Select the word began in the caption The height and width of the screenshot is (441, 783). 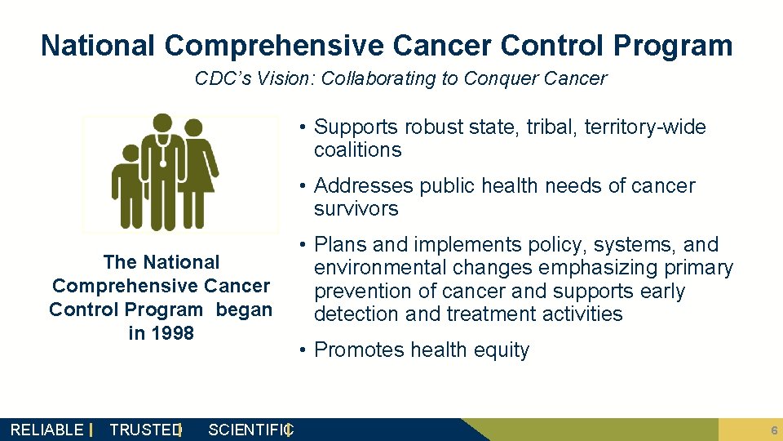coord(244,310)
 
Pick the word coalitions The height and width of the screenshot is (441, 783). coord(357,150)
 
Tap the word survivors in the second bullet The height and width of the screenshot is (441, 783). coord(356,209)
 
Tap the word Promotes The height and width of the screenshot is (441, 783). coord(358,350)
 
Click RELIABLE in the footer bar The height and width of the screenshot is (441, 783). coord(46,430)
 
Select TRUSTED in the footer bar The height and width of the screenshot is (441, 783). coord(144,430)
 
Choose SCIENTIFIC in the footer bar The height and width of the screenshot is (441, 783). coord(250,430)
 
